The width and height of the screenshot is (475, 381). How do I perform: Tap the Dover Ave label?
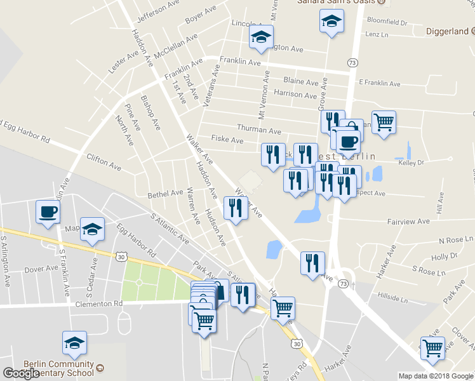point(41,269)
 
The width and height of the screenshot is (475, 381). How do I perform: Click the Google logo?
point(22,373)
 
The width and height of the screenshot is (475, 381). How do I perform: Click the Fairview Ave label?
point(408,222)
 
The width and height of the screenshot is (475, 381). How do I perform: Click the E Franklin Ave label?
point(380,83)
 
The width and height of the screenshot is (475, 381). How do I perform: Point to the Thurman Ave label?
point(259,131)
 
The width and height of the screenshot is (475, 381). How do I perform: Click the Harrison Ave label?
point(295,95)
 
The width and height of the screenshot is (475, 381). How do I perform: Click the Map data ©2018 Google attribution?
point(436,376)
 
